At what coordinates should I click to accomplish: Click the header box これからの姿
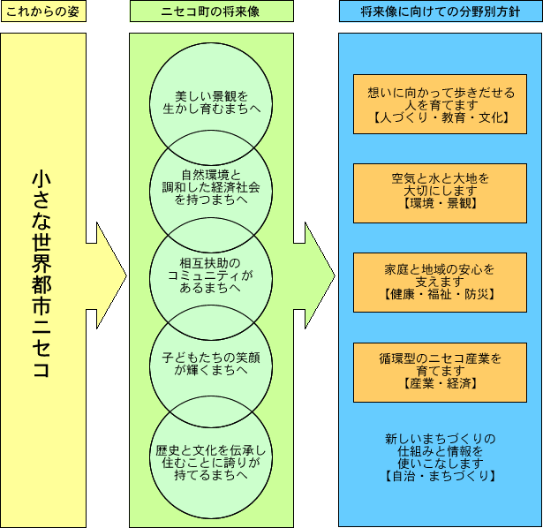click(x=43, y=11)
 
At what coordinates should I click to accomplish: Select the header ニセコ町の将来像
click(x=211, y=11)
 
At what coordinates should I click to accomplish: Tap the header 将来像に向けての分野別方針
click(x=440, y=11)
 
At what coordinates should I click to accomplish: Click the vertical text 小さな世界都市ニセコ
click(x=42, y=274)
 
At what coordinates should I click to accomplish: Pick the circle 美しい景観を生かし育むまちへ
click(x=211, y=102)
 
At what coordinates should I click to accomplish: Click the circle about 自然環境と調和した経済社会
click(x=211, y=186)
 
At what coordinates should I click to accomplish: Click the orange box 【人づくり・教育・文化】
click(x=441, y=104)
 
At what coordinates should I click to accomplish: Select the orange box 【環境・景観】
click(x=441, y=192)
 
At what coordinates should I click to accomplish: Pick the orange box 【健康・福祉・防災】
click(x=441, y=280)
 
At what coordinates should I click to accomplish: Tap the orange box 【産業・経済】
click(x=441, y=371)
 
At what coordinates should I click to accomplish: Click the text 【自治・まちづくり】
click(x=441, y=476)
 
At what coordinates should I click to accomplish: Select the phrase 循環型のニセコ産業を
click(x=441, y=358)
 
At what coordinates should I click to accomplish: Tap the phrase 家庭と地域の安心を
click(x=441, y=268)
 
